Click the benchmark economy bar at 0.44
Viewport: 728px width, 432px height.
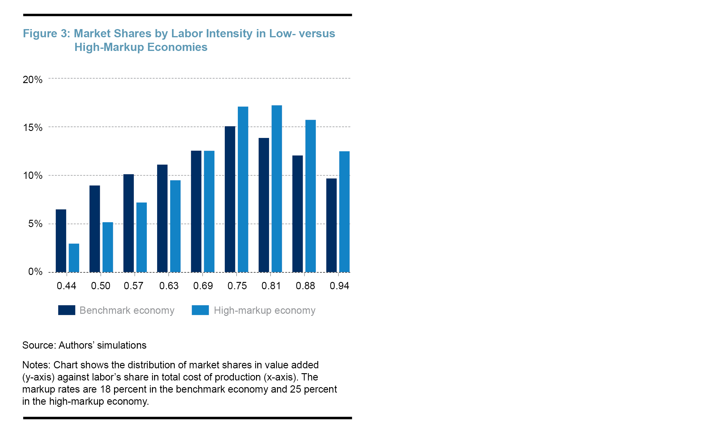point(61,241)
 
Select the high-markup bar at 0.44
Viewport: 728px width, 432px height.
point(74,258)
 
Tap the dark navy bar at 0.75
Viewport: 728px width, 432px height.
point(230,199)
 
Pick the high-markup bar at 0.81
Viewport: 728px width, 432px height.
point(277,189)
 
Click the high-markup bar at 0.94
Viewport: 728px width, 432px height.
point(344,212)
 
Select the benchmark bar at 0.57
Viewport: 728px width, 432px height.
point(129,223)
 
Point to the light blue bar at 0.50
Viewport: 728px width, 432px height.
point(108,247)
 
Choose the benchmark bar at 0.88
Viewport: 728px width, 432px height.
point(298,214)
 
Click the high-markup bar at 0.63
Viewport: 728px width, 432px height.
point(175,226)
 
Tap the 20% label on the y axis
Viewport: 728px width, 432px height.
point(32,80)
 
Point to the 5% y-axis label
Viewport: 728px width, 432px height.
point(35,224)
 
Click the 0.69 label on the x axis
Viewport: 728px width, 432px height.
point(203,286)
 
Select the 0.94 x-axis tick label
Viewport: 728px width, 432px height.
point(339,286)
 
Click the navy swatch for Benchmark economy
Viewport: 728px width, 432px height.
point(67,310)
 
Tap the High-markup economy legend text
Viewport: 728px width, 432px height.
point(265,310)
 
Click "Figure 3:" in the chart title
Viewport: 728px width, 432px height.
point(46,33)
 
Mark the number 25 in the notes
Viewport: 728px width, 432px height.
point(295,389)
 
